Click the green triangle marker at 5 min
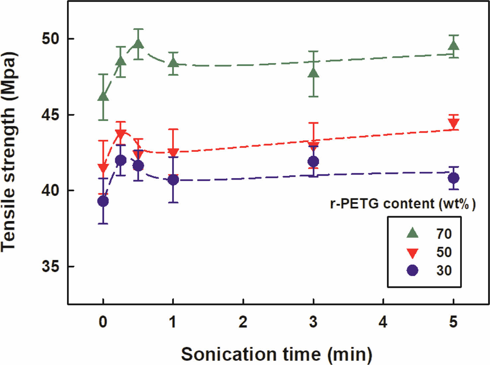click(x=453, y=46)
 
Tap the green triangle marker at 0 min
click(x=103, y=96)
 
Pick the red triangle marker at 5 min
click(x=453, y=123)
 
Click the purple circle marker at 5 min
click(x=453, y=178)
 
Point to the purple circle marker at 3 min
click(x=313, y=162)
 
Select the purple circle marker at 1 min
click(x=173, y=180)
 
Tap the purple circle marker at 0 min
click(x=103, y=201)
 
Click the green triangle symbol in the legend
click(x=412, y=233)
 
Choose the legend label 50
click(x=444, y=252)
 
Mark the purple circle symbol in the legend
click(x=412, y=270)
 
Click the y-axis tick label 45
click(x=50, y=115)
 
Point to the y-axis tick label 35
click(x=50, y=267)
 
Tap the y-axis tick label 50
click(x=50, y=39)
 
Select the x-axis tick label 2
click(x=243, y=322)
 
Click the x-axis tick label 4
click(x=383, y=322)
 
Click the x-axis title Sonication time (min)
click(x=276, y=354)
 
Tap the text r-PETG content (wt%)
click(x=403, y=203)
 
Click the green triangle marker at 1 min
click(x=173, y=62)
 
